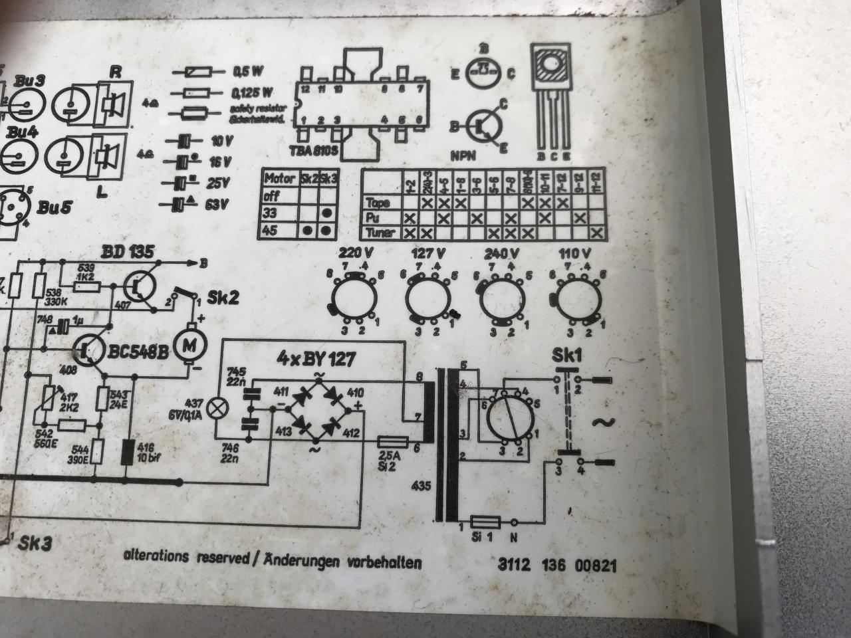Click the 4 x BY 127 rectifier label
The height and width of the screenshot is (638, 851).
pyautogui.click(x=316, y=360)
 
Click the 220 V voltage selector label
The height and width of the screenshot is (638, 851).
pyautogui.click(x=356, y=253)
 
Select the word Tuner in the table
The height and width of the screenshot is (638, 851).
pyautogui.click(x=380, y=233)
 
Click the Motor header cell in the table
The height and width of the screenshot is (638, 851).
pyautogui.click(x=279, y=179)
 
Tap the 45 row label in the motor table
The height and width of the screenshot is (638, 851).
pyautogui.click(x=271, y=230)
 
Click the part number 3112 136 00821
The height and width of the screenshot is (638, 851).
pyautogui.click(x=557, y=566)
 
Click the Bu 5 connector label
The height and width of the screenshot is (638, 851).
pyautogui.click(x=53, y=207)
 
